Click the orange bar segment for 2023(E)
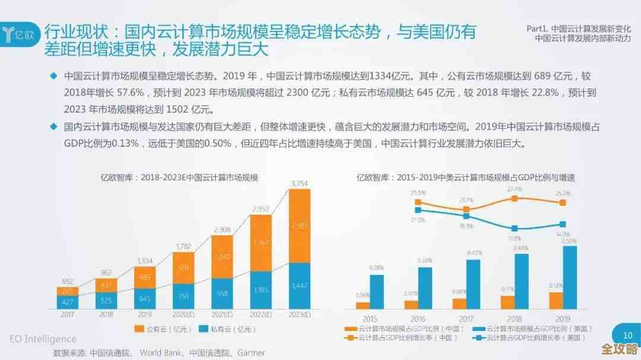point(299,225)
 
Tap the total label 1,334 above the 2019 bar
point(145,260)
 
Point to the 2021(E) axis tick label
point(222,314)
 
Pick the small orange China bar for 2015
point(363,305)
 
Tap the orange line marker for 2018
point(515,198)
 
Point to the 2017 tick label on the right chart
point(466,317)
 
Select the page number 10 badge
point(627,335)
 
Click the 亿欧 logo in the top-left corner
point(21,33)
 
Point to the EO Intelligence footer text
point(43,339)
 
